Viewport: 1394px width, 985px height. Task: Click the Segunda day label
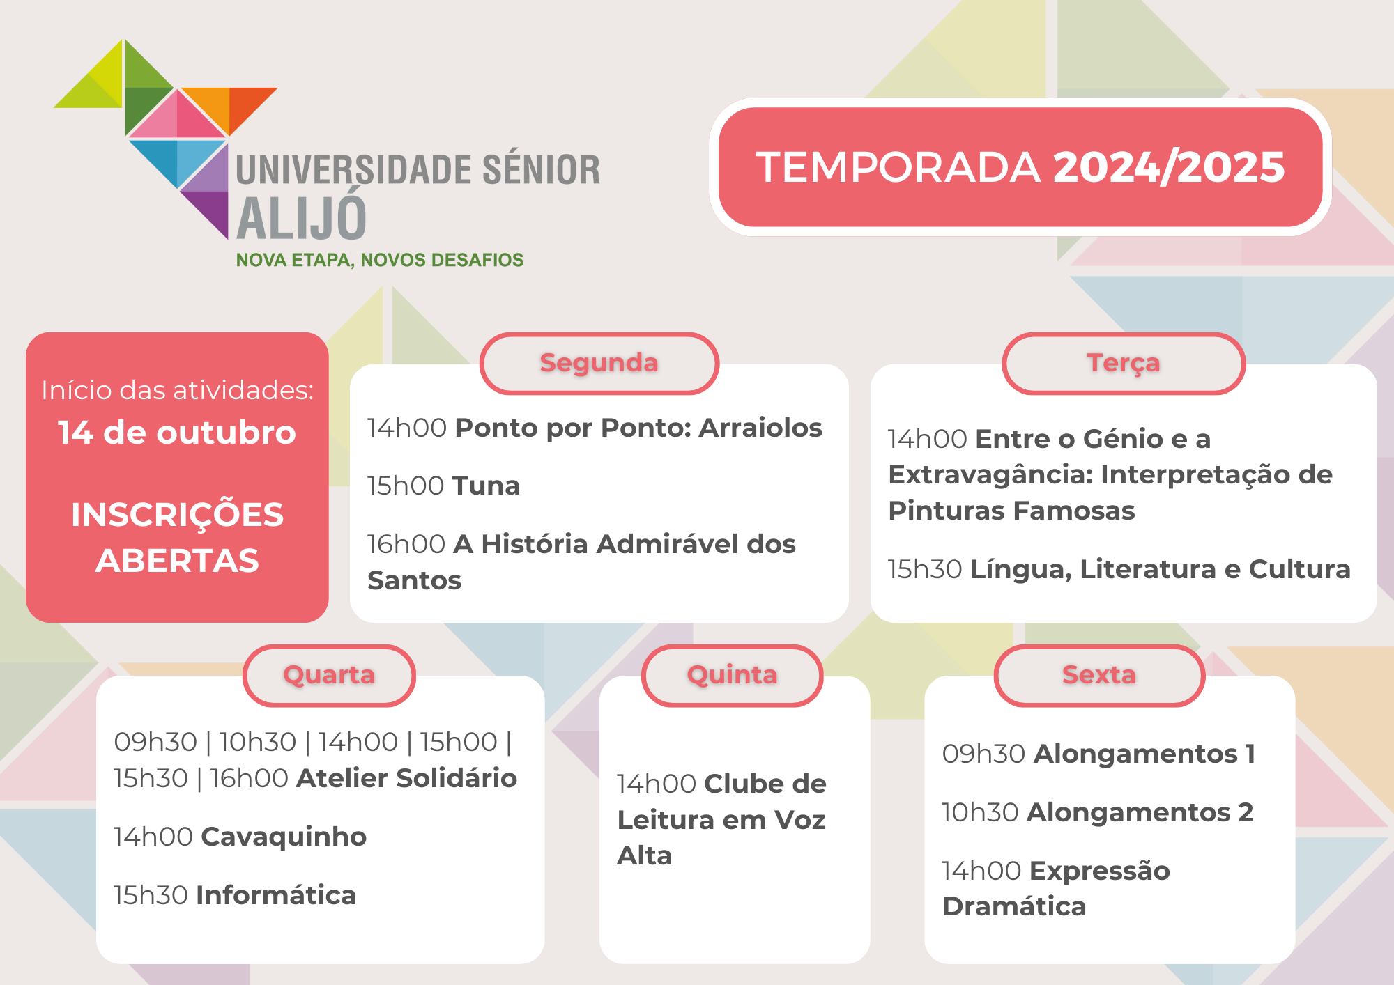coord(599,363)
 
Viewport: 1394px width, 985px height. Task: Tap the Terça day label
coord(1124,363)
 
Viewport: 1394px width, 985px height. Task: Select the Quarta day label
coord(329,675)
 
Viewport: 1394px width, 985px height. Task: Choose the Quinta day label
coord(732,675)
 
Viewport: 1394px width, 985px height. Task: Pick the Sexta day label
coord(1099,674)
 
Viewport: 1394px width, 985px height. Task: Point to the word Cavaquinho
coord(284,837)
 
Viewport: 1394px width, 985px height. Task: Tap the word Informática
coord(276,895)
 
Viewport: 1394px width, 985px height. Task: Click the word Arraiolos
coord(761,428)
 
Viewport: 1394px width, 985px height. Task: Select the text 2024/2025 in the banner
coord(1169,167)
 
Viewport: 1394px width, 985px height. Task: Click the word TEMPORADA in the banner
coord(898,167)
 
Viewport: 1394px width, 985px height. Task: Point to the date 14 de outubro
coord(177,433)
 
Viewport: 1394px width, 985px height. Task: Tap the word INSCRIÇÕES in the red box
coord(177,515)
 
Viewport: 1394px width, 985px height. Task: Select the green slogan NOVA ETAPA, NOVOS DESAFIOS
coord(380,260)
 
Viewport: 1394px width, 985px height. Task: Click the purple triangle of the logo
coord(209,210)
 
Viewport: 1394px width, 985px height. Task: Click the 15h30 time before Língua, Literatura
coord(925,570)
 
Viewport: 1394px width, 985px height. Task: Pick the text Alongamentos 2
coord(1140,812)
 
